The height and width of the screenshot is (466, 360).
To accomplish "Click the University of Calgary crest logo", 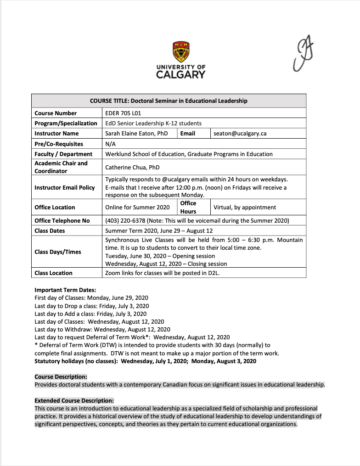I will [181, 51].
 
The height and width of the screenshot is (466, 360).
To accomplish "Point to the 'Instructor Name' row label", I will [56, 134].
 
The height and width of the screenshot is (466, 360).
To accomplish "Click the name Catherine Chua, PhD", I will [132, 167].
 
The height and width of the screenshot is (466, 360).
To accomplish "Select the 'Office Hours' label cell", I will [188, 207].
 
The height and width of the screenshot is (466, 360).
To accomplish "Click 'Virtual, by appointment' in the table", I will [245, 208].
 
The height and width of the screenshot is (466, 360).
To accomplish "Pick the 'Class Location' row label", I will [53, 273].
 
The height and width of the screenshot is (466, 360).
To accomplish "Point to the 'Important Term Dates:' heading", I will [65, 290].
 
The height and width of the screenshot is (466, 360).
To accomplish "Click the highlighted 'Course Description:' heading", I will [61, 377].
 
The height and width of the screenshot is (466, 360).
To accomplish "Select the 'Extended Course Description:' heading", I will [74, 400].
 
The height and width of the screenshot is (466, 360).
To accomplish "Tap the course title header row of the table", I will [169, 101].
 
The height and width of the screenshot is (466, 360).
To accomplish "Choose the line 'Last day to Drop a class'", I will [91, 306].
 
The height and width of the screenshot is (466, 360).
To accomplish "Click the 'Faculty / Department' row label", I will [63, 154].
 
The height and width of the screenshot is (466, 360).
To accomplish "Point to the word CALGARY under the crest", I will [180, 75].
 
